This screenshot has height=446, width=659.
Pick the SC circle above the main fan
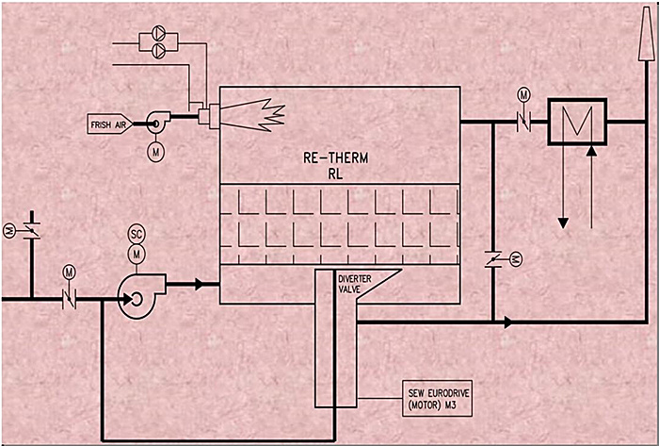137,234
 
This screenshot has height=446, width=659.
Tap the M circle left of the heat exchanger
524,95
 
